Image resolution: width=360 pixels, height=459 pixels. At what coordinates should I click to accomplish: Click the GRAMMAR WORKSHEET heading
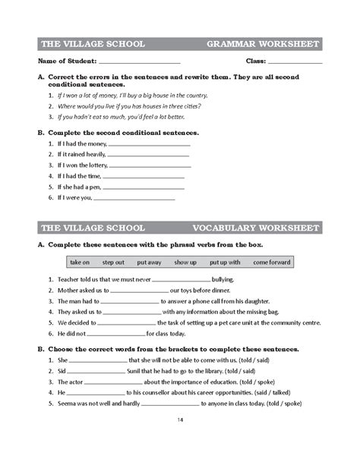click(263, 43)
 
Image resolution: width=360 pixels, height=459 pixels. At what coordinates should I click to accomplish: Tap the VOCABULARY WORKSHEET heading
click(256, 228)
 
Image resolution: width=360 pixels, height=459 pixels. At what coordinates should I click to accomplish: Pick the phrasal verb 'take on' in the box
click(80, 262)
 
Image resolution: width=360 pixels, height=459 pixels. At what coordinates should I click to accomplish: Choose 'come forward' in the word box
click(271, 262)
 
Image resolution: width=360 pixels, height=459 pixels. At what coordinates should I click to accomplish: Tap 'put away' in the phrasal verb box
click(149, 262)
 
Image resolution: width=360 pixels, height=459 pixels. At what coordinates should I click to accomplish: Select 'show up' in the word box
click(185, 262)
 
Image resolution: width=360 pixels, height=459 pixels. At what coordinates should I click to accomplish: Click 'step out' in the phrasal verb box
click(113, 262)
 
